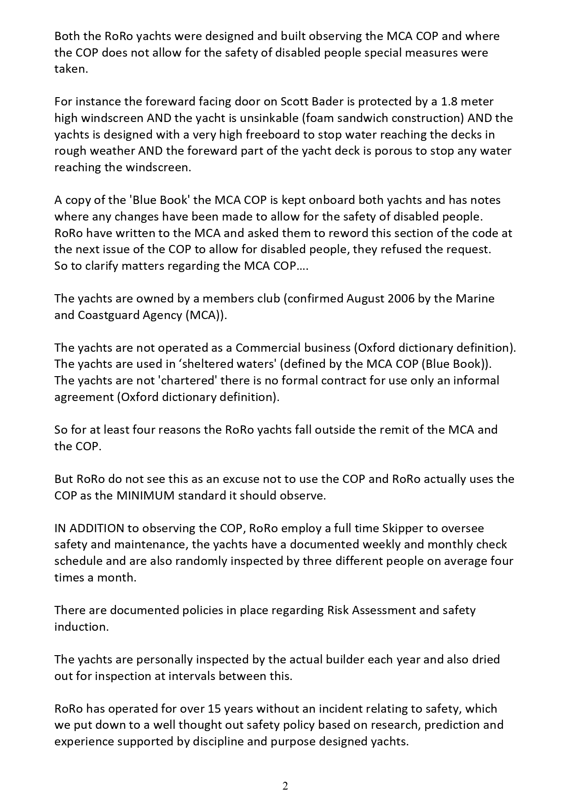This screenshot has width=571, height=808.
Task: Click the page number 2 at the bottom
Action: click(x=285, y=786)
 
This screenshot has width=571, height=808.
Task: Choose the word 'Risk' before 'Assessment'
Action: click(x=338, y=610)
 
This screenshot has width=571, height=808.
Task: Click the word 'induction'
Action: click(x=81, y=627)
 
